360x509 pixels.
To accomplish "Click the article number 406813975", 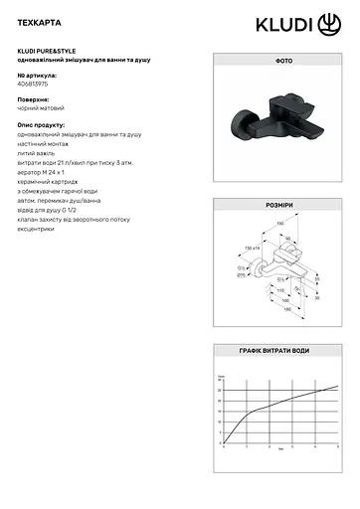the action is pos(36,85).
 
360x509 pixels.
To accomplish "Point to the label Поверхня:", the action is pos(34,100).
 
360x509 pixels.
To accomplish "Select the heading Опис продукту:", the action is pos(42,125).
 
